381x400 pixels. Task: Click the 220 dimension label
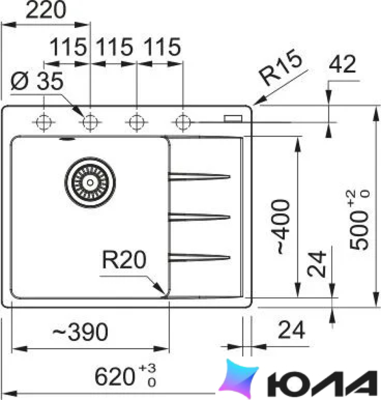pos(46,10)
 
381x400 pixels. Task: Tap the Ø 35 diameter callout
pos(37,81)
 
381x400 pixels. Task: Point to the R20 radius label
pos(124,260)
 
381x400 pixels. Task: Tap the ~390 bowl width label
pos(80,332)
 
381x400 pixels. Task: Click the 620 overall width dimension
pos(125,376)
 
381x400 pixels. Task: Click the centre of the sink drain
pos(90,183)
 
